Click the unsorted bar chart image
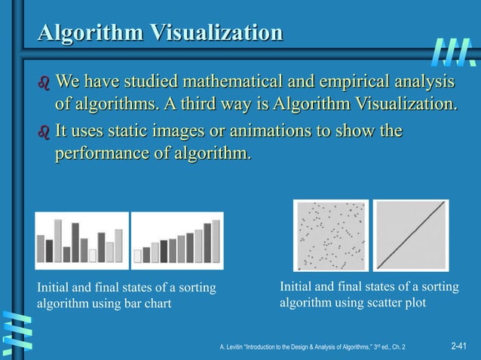click(81, 240)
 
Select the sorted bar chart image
click(177, 240)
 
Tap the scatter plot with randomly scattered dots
click(331, 236)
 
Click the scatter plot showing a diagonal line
click(411, 236)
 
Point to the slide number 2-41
click(458, 346)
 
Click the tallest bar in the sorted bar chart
click(216, 241)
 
